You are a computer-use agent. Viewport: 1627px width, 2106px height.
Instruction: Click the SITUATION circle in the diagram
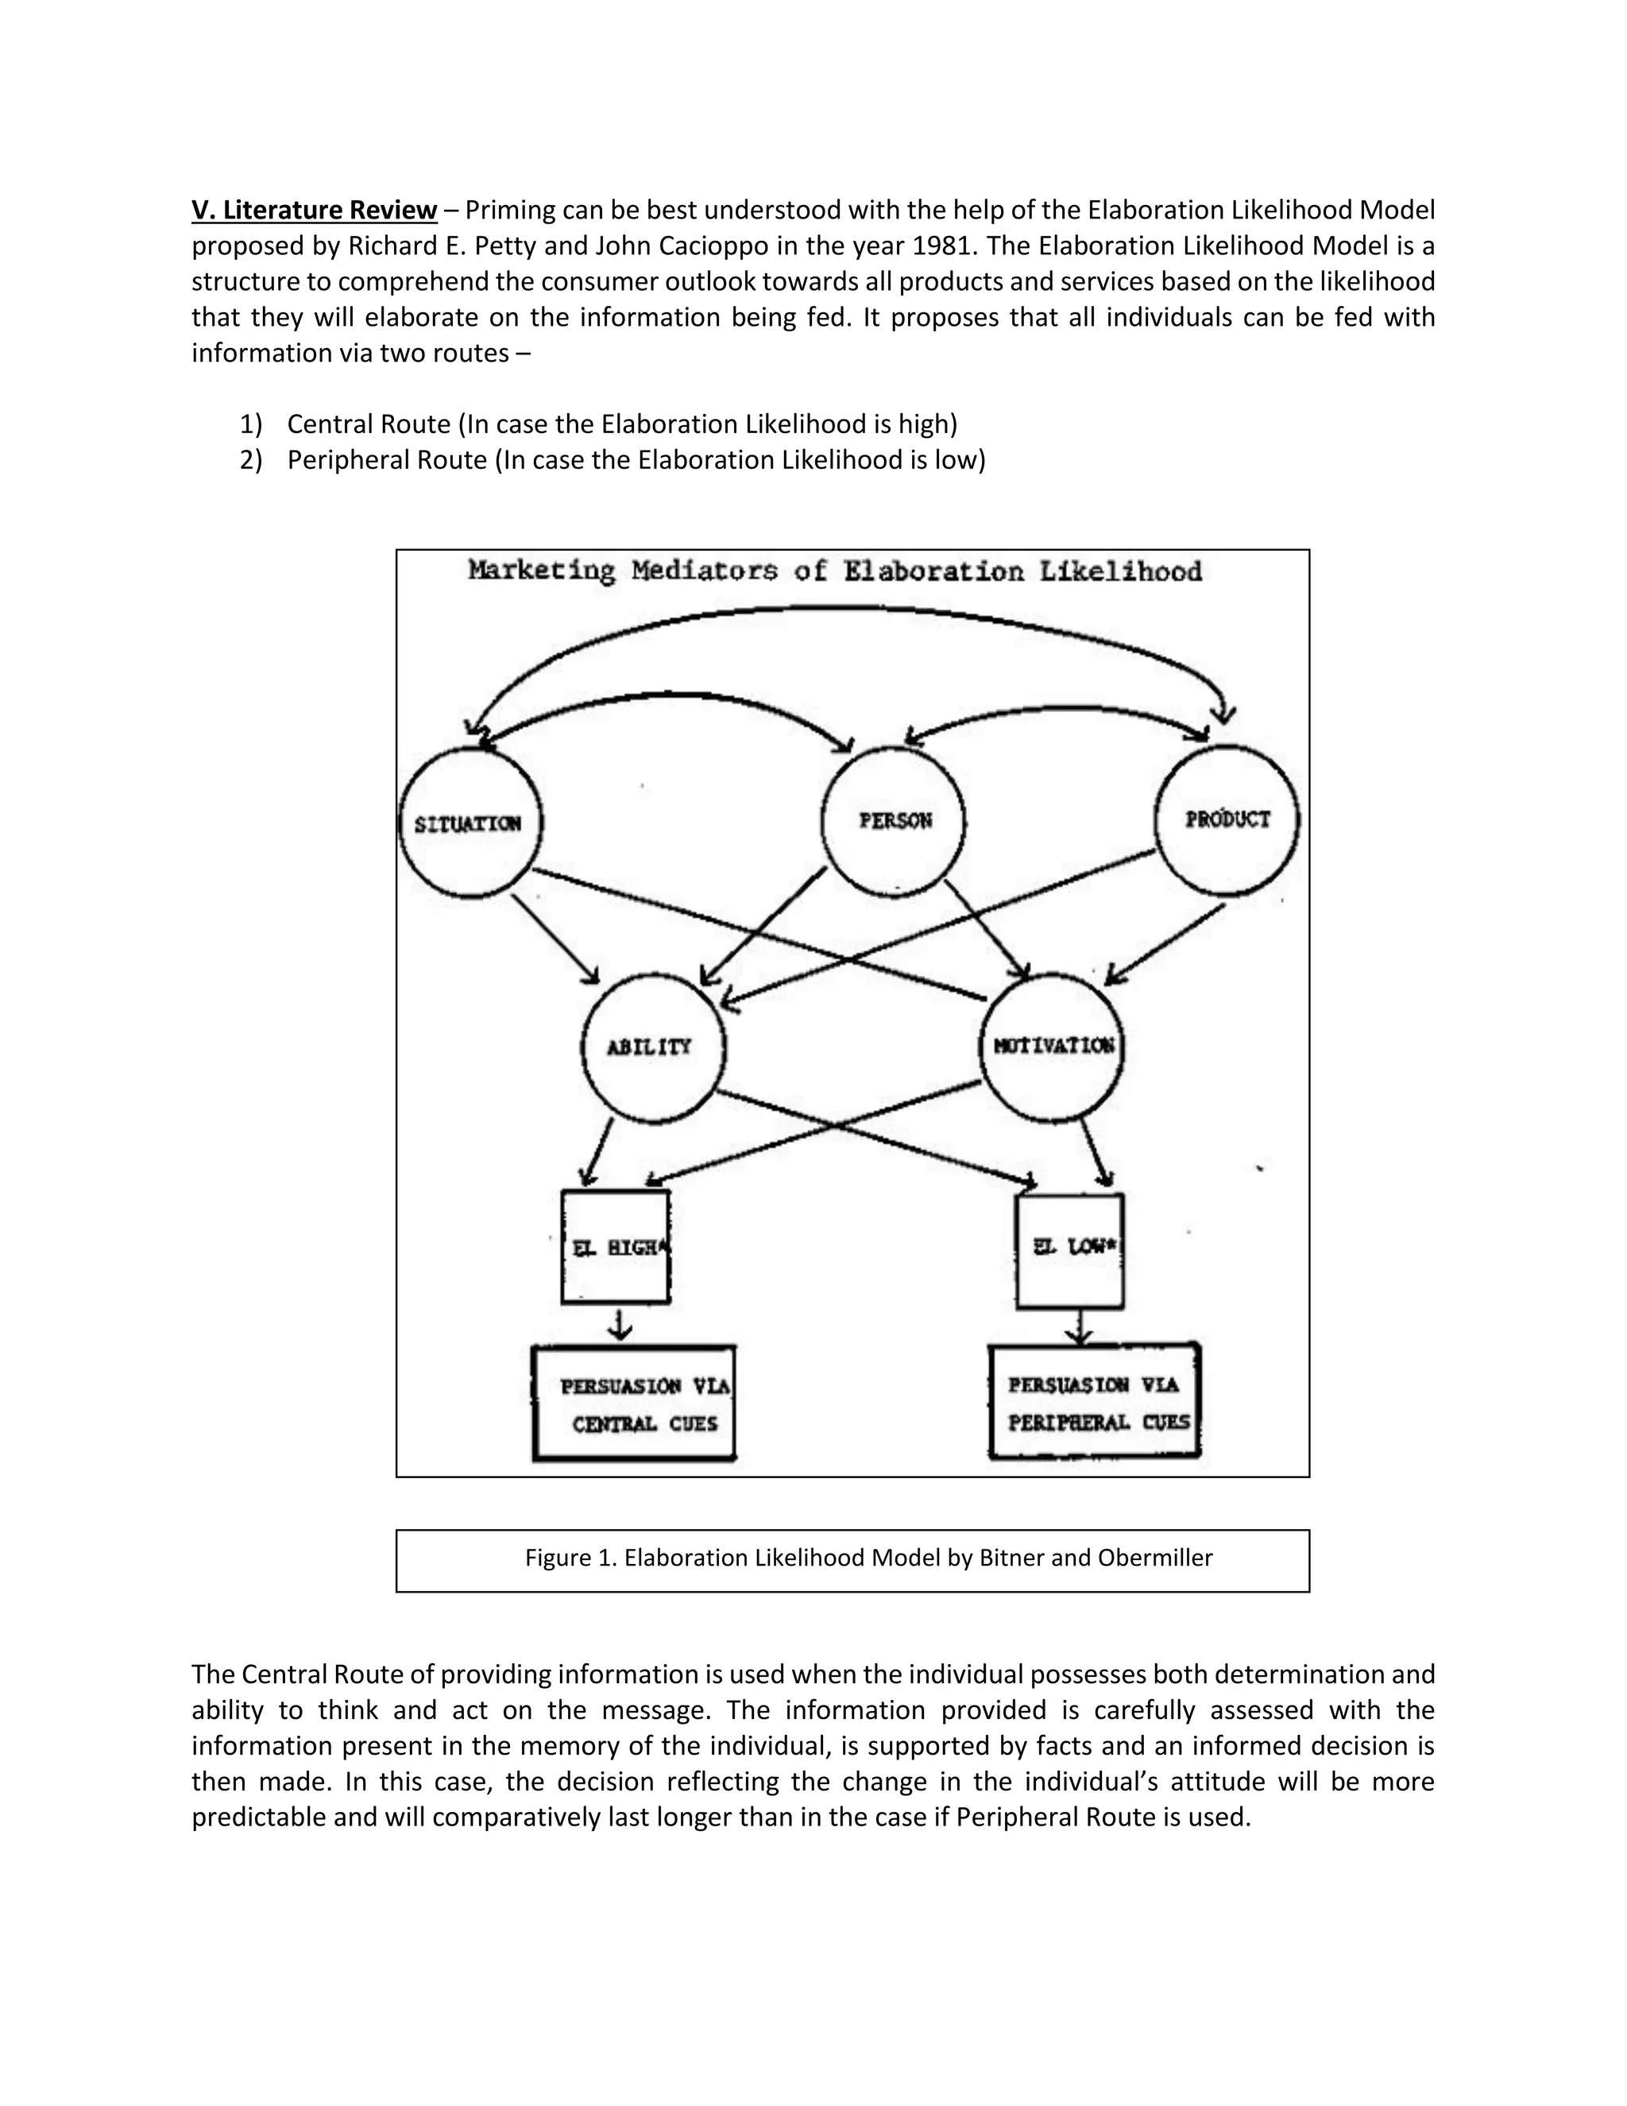coord(470,823)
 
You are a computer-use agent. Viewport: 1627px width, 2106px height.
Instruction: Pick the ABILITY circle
coord(652,1047)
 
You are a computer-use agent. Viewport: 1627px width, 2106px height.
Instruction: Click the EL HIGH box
coord(616,1247)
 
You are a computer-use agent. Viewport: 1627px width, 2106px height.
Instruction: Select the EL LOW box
coord(1071,1250)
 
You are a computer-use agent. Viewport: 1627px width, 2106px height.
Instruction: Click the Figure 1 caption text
coord(868,1558)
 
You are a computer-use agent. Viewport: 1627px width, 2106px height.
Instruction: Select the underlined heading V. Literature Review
coord(315,211)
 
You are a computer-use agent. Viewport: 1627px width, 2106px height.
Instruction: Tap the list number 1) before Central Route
coord(250,424)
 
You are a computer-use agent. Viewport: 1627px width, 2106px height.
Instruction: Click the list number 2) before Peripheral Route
coord(250,460)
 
